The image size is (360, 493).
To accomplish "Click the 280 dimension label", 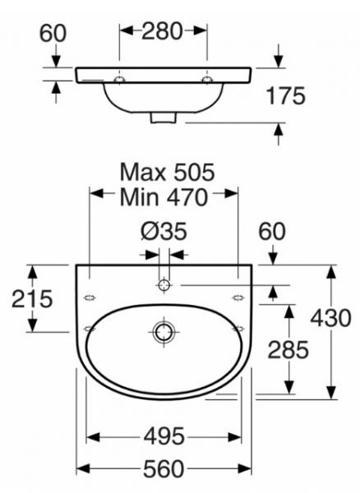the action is [162, 31].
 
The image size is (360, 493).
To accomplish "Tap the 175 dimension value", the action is [285, 95].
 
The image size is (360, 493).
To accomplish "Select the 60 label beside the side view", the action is [53, 33].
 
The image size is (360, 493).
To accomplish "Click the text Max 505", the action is [168, 172].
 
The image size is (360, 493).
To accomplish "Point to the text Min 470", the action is [164, 197].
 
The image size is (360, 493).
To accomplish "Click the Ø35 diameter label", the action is [164, 232].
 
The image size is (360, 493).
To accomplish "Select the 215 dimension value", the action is [32, 299].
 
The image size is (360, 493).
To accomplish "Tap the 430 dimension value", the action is [330, 317].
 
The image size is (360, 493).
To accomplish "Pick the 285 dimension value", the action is [288, 350].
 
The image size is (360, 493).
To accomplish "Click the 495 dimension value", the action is [164, 436].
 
